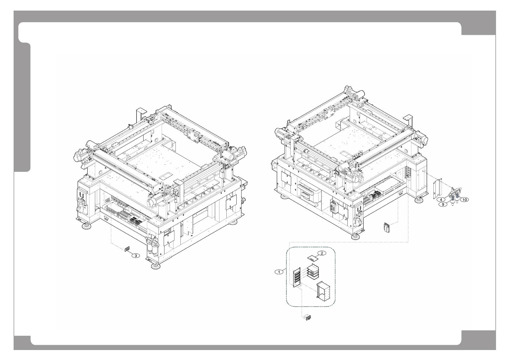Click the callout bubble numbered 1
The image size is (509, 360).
pyautogui.click(x=279, y=272)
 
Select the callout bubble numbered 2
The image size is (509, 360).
pyautogui.click(x=322, y=253)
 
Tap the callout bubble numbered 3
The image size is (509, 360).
pyautogui.click(x=136, y=256)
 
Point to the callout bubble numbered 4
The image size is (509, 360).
pyautogui.click(x=441, y=199)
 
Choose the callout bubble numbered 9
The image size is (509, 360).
pyautogui.click(x=443, y=205)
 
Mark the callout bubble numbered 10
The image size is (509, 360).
pyautogui.click(x=465, y=200)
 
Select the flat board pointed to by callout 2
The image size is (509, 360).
pyautogui.click(x=312, y=259)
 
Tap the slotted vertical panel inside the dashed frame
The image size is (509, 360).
pyautogui.click(x=297, y=277)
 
